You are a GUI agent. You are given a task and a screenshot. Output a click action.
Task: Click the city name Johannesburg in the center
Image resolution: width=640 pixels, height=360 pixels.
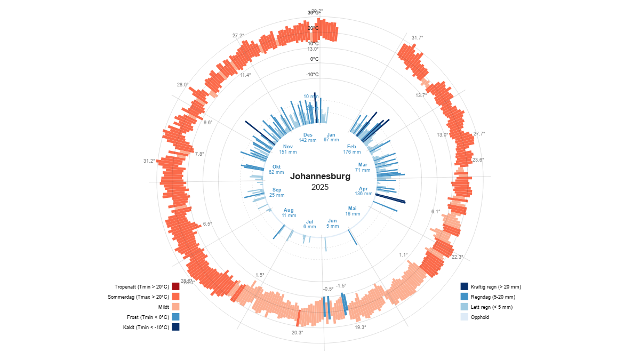[x=320, y=177]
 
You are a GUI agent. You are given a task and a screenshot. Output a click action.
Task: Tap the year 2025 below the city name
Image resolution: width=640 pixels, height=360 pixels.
[x=320, y=187]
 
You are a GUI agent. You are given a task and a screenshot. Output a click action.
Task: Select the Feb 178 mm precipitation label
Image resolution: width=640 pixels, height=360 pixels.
[x=351, y=149]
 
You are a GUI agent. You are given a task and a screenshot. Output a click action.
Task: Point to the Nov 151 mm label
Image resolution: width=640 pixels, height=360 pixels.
[x=288, y=149]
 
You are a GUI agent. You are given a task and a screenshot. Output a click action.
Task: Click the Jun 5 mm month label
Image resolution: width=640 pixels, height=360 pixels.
[x=332, y=223]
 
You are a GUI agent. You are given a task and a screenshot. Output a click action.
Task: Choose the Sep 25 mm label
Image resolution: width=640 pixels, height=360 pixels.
[x=277, y=192]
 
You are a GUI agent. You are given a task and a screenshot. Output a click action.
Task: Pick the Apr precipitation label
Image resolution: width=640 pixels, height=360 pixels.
[x=363, y=191]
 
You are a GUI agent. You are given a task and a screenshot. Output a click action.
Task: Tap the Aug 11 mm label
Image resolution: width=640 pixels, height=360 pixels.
[x=289, y=212]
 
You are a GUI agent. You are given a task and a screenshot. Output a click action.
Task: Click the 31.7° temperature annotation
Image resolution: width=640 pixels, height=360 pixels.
[x=417, y=38]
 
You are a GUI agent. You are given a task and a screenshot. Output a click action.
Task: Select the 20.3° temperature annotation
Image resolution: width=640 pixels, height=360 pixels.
[x=297, y=333]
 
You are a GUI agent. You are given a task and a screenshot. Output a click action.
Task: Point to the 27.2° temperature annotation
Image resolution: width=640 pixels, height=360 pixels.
[x=238, y=36]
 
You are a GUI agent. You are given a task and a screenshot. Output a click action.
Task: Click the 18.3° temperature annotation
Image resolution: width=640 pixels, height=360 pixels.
[x=361, y=327]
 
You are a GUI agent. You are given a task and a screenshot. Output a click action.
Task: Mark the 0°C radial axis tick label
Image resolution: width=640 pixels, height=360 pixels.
[x=314, y=59]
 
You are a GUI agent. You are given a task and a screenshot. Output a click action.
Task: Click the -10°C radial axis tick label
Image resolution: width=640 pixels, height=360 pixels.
[x=312, y=75]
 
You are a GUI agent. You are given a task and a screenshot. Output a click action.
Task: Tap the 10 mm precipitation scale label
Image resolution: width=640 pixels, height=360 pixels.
[x=310, y=97]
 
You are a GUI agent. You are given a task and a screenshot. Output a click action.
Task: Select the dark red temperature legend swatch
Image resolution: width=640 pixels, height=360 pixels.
[x=176, y=286]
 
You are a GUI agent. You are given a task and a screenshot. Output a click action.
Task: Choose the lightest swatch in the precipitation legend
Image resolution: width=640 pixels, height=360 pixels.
[x=464, y=317]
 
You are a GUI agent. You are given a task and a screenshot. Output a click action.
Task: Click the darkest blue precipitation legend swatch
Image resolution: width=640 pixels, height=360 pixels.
[x=464, y=286]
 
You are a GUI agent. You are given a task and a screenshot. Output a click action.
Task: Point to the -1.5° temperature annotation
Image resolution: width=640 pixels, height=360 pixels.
[x=341, y=286]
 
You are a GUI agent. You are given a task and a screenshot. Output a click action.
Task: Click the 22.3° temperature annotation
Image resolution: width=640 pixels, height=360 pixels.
[x=457, y=257]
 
